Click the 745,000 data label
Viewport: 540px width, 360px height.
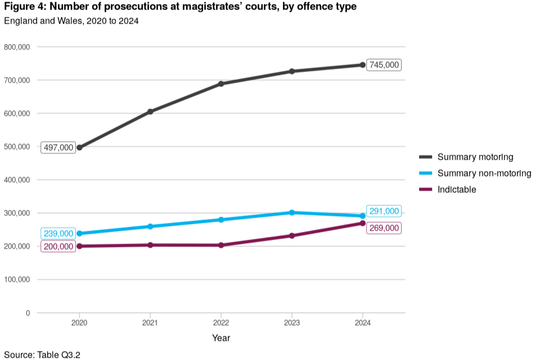[x=384, y=65]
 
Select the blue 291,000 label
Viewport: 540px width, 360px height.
[x=384, y=211]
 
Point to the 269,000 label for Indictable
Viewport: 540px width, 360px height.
[x=384, y=228]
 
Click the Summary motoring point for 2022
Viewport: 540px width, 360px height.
[x=221, y=84]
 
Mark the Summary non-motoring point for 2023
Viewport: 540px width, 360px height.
[x=292, y=213]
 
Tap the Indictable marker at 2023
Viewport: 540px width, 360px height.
[x=292, y=236]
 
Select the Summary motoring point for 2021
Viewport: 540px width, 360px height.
[x=150, y=111]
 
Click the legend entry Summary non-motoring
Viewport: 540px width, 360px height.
[x=484, y=173]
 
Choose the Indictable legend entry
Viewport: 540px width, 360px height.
[x=456, y=190]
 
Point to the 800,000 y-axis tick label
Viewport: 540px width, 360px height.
[x=17, y=47]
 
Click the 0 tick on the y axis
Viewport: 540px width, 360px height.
[x=28, y=313]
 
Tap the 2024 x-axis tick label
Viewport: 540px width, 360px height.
[x=362, y=324]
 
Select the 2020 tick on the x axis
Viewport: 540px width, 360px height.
[x=79, y=324]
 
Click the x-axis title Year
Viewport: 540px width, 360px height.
[x=221, y=338]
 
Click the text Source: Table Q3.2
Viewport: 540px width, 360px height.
[x=43, y=354]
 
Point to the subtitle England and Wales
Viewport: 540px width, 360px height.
[x=71, y=21]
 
